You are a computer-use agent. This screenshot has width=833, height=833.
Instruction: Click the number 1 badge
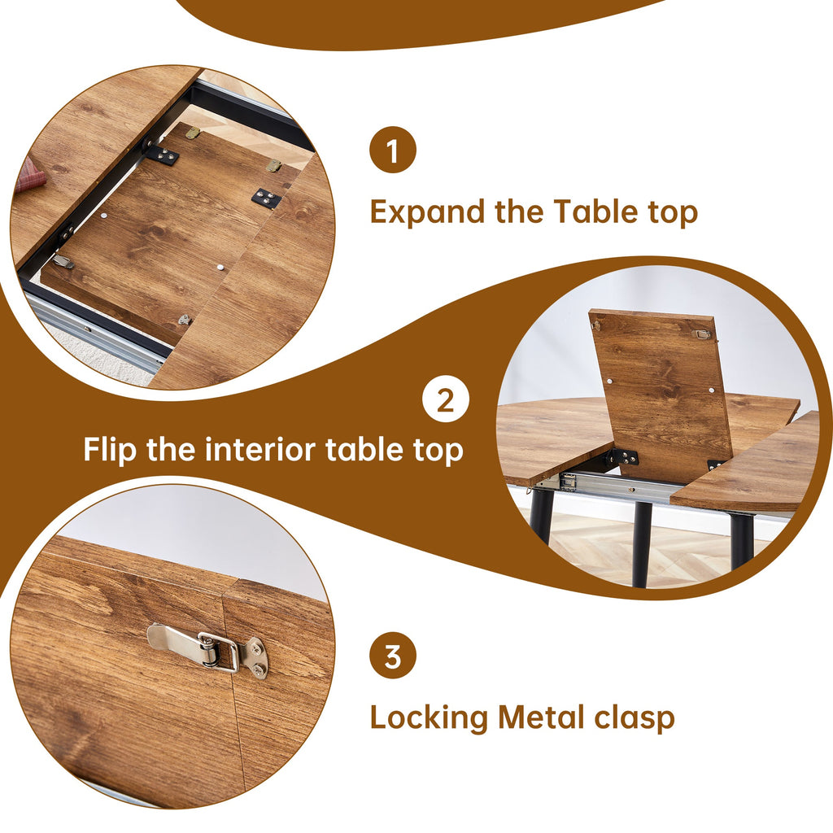(x=393, y=151)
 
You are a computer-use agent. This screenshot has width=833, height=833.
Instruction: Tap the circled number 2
(x=445, y=400)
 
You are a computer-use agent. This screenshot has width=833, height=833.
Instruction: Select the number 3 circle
(x=393, y=656)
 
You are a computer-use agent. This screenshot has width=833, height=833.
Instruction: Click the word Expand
(x=428, y=213)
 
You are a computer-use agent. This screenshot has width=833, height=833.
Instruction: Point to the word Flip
(x=110, y=450)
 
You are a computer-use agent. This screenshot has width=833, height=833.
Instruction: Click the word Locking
(x=429, y=718)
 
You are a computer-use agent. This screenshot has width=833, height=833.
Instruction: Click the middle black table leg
(x=642, y=543)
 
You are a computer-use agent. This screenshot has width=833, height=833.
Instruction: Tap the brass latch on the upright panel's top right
(x=700, y=334)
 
